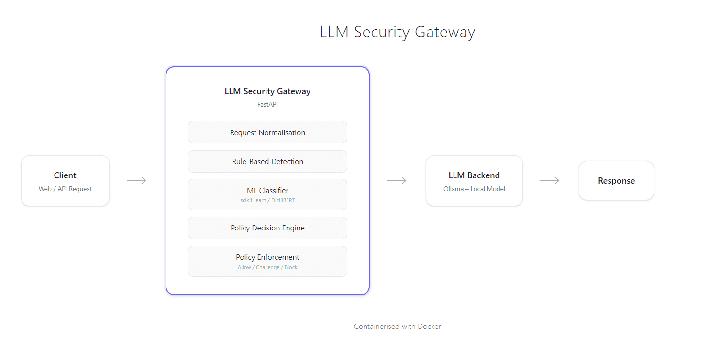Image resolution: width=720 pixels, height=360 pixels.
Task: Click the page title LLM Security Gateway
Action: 397,32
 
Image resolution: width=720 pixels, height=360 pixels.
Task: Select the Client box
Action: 65,181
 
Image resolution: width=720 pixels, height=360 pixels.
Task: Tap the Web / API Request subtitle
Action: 65,189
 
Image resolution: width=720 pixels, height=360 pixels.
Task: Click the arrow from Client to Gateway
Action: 137,180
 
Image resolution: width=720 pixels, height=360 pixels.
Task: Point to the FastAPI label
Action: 267,104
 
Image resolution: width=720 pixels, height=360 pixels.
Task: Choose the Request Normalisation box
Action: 267,132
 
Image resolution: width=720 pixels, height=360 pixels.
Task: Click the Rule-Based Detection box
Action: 267,162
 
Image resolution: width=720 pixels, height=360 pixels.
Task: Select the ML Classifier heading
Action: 267,190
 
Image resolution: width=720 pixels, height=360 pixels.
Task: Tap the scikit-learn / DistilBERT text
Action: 267,200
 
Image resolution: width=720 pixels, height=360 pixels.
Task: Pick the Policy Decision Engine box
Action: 267,228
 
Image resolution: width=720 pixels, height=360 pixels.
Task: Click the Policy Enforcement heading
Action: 267,257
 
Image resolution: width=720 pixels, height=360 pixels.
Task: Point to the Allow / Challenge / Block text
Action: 267,267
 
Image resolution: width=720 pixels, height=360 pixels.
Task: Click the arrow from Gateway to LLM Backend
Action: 397,180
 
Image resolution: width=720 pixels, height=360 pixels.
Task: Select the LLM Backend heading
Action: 474,175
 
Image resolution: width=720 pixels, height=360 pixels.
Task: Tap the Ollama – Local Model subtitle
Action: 474,189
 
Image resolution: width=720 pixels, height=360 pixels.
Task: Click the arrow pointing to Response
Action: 550,180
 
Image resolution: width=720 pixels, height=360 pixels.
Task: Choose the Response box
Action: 616,181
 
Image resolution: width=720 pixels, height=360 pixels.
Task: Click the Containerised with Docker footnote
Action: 397,327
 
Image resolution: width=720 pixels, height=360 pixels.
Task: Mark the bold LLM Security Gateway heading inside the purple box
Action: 267,91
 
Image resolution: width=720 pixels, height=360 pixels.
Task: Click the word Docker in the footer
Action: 429,327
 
